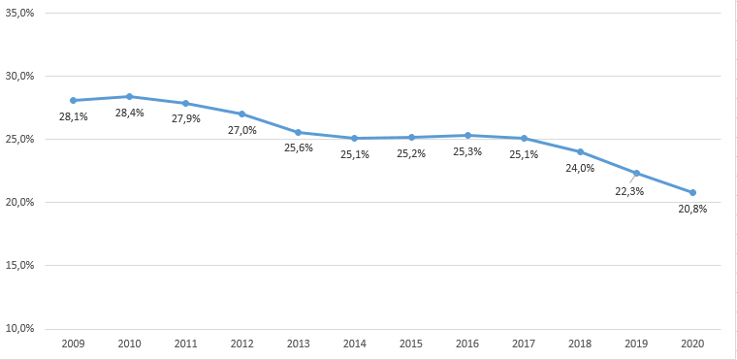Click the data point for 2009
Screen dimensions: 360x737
click(x=73, y=100)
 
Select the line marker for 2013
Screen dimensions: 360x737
click(x=298, y=132)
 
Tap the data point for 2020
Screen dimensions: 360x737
click(x=692, y=192)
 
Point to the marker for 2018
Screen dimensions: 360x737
click(x=580, y=151)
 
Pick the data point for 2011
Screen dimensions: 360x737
click(x=185, y=103)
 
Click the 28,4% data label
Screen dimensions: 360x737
click(x=130, y=114)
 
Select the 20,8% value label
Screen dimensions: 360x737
click(x=692, y=209)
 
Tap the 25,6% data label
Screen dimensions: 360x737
click(x=299, y=147)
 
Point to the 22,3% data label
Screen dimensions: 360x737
click(x=629, y=191)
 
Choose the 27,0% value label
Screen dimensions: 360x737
click(x=242, y=130)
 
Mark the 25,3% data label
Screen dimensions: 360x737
click(x=467, y=152)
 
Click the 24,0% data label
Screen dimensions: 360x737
click(x=580, y=167)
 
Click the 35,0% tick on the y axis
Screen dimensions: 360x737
click(x=20, y=13)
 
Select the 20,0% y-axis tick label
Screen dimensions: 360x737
click(x=20, y=202)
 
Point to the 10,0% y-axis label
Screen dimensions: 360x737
click(x=20, y=328)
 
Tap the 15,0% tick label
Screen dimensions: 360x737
click(x=20, y=265)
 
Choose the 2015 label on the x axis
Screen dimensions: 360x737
click(x=411, y=344)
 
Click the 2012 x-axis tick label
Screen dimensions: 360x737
click(x=241, y=344)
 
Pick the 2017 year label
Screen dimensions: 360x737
click(x=524, y=344)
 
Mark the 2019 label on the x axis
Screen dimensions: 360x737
click(x=636, y=344)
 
